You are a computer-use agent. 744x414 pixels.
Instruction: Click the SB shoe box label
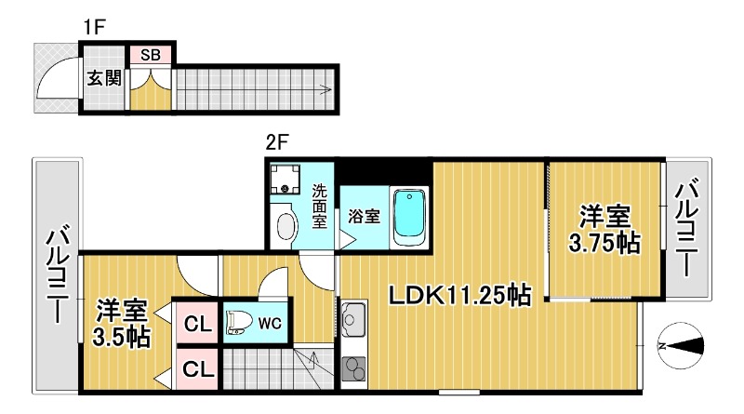[x=151, y=55]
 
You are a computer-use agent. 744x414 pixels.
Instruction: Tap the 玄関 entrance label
[x=104, y=78]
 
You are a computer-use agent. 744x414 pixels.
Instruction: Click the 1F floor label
[x=94, y=27]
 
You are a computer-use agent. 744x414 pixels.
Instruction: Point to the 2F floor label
[x=277, y=142]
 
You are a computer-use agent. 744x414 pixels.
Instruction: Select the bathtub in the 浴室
[x=409, y=217]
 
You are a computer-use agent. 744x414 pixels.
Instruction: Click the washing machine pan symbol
[x=286, y=180]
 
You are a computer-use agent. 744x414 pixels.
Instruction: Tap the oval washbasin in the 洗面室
[x=286, y=226]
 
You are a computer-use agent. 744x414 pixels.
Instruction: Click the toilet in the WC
[x=240, y=324]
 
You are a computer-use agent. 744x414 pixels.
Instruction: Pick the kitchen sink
[x=353, y=318]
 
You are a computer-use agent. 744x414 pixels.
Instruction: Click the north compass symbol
[x=681, y=346]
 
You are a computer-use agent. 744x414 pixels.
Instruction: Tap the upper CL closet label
[x=197, y=325]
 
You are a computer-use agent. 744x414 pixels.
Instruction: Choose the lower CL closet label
[x=197, y=369]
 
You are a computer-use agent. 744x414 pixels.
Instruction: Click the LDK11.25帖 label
[x=459, y=296]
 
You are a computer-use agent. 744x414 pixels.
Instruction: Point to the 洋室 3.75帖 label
[x=604, y=230]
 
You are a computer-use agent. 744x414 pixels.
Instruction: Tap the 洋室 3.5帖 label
[x=122, y=324]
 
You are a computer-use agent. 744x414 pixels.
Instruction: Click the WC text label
[x=270, y=324]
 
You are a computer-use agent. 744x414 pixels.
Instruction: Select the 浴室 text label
[x=364, y=217]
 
